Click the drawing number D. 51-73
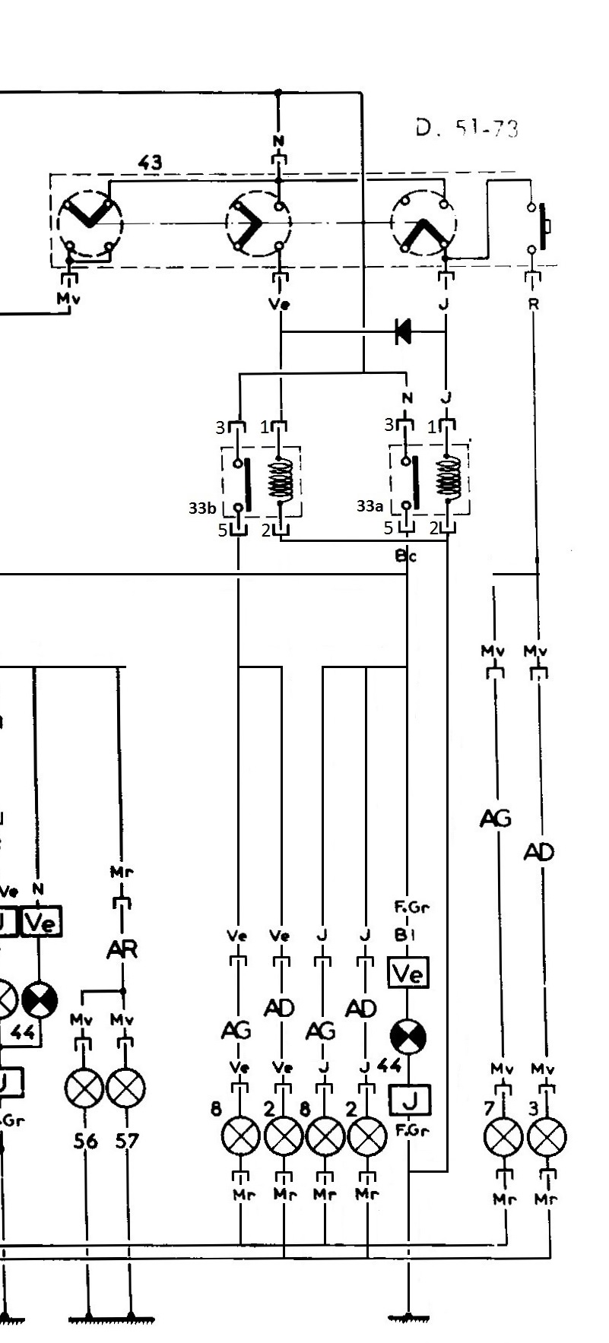pyautogui.click(x=467, y=128)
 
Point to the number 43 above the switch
pyautogui.click(x=150, y=163)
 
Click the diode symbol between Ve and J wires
pyautogui.click(x=403, y=331)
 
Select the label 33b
pyautogui.click(x=201, y=507)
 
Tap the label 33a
pyautogui.click(x=370, y=505)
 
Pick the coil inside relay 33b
pyautogui.click(x=280, y=480)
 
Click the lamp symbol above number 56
pyautogui.click(x=85, y=1090)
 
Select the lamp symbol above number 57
pyautogui.click(x=126, y=1090)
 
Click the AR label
pyautogui.click(x=122, y=949)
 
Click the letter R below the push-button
pyautogui.click(x=534, y=304)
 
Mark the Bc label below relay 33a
pyautogui.click(x=406, y=556)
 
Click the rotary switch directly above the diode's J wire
pyautogui.click(x=423, y=223)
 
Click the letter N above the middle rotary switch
pyautogui.click(x=279, y=141)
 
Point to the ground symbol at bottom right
pyautogui.click(x=410, y=1316)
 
